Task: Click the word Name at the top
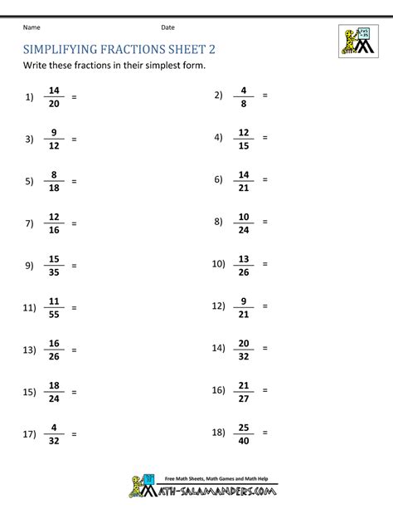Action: click(x=32, y=27)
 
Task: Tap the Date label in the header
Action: click(x=168, y=27)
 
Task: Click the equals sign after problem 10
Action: click(x=265, y=265)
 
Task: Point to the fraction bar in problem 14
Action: click(x=244, y=350)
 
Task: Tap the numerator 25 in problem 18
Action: click(x=244, y=428)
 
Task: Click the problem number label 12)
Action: click(x=218, y=307)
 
